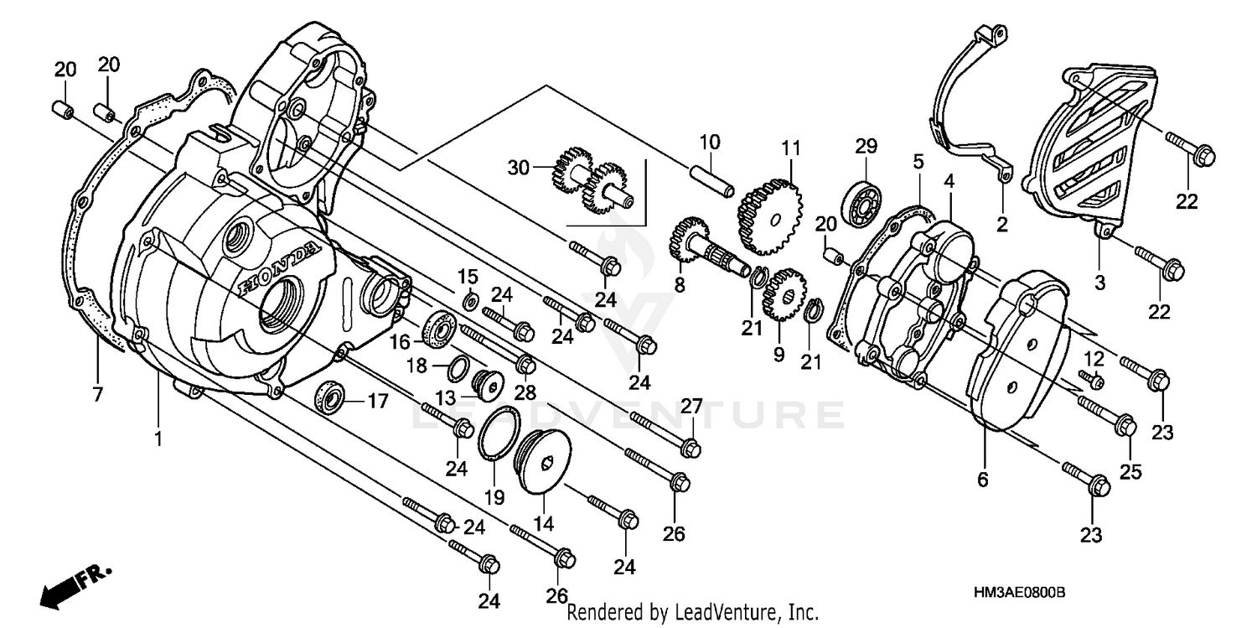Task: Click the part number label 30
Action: [x=519, y=168]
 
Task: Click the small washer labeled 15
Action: [x=471, y=300]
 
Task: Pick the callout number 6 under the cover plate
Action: [x=983, y=480]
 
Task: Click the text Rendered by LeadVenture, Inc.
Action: [x=692, y=613]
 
